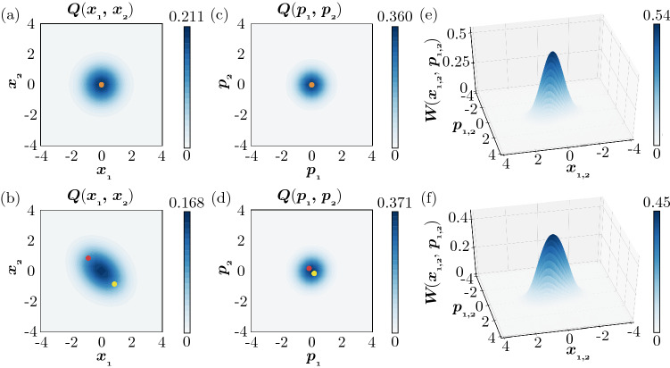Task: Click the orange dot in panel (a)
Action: (102, 85)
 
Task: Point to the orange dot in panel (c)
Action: (311, 85)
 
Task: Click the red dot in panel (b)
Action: (88, 258)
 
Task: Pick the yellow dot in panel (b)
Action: (115, 284)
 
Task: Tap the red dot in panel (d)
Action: (309, 268)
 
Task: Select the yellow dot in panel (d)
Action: (314, 273)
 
